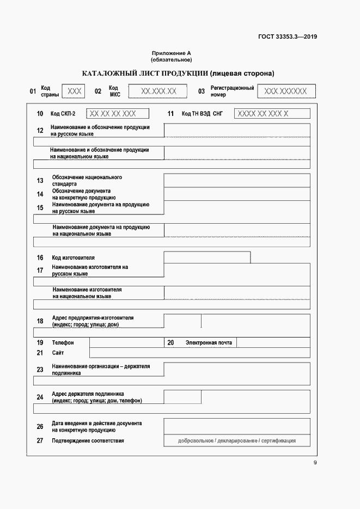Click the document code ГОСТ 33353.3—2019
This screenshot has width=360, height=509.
point(288,37)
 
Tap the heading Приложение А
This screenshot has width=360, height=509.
point(172,53)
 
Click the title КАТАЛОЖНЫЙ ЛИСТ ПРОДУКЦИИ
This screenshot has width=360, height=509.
point(178,73)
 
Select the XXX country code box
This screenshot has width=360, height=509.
point(74,91)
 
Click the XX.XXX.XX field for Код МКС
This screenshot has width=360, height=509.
point(158,91)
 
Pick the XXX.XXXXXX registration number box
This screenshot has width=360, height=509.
point(285,91)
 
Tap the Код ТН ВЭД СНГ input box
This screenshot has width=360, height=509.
point(272,114)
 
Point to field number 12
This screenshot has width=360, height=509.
point(40,130)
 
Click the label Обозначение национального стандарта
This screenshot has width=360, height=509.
point(87,181)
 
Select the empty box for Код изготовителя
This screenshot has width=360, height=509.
point(207,257)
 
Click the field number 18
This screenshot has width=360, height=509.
point(40,321)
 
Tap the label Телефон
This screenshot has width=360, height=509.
point(63,343)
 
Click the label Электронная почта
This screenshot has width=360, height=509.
point(209,343)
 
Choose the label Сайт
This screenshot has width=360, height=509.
point(58,353)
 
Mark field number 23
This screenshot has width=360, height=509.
point(40,370)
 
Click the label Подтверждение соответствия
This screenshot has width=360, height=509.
point(88,440)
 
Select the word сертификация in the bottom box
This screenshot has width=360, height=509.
point(278,440)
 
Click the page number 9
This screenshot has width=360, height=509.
point(315,463)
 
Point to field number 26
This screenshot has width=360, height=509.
point(40,426)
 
